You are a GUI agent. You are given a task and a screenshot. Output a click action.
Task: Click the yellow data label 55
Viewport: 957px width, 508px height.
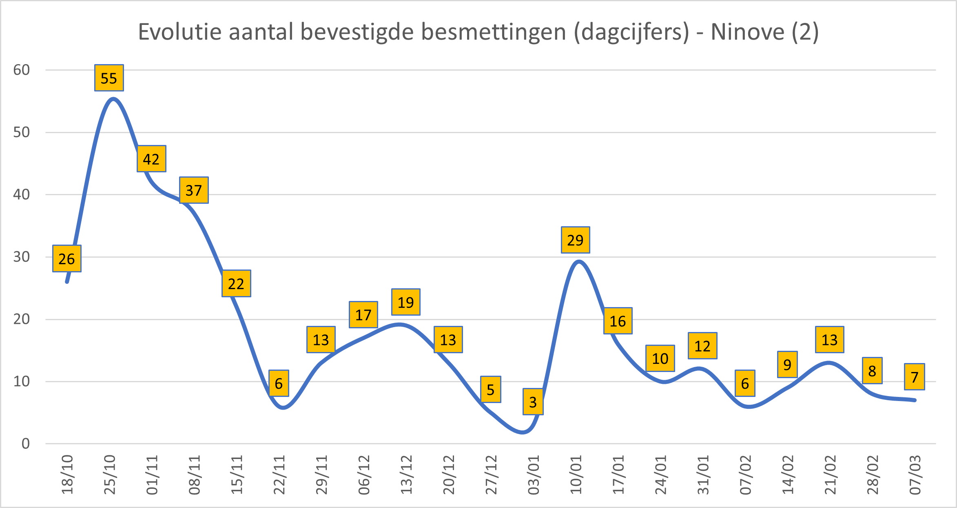pyautogui.click(x=109, y=78)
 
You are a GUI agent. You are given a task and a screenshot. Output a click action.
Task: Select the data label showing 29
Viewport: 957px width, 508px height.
pyautogui.click(x=575, y=240)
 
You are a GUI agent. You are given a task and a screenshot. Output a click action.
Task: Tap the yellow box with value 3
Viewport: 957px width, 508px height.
pyautogui.click(x=533, y=402)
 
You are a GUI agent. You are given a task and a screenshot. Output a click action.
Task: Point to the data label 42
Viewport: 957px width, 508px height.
pyautogui.click(x=151, y=159)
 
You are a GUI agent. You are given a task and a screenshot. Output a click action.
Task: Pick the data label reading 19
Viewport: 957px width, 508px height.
pyautogui.click(x=405, y=302)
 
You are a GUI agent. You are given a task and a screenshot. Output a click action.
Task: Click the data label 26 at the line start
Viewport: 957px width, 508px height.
pyautogui.click(x=66, y=258)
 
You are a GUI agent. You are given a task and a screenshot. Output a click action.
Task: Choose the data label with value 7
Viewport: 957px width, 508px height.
pyautogui.click(x=914, y=377)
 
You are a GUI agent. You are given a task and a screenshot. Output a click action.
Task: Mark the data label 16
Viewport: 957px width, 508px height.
pyautogui.click(x=618, y=321)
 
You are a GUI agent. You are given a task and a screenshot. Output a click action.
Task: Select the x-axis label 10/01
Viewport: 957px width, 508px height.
pyautogui.click(x=576, y=475)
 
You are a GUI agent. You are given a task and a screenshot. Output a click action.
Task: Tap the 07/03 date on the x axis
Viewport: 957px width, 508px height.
pyautogui.click(x=915, y=475)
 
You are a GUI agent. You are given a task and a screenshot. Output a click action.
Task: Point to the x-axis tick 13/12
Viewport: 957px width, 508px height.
pyautogui.click(x=406, y=475)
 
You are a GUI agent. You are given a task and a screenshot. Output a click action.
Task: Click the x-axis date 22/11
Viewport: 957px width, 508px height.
pyautogui.click(x=279, y=475)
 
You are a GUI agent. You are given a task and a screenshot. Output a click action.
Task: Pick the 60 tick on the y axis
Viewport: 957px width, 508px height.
pyautogui.click(x=22, y=70)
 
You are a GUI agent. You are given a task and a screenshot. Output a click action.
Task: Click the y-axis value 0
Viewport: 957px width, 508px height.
pyautogui.click(x=26, y=443)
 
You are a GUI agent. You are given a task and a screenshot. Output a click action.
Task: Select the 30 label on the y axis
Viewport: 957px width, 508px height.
pyautogui.click(x=22, y=257)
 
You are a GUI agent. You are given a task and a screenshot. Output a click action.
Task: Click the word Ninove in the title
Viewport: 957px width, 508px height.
pyautogui.click(x=747, y=32)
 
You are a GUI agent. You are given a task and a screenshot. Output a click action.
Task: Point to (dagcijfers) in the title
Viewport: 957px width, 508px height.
pyautogui.click(x=631, y=32)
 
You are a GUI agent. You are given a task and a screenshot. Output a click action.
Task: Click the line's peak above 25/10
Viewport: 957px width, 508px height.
pyautogui.click(x=113, y=98)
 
